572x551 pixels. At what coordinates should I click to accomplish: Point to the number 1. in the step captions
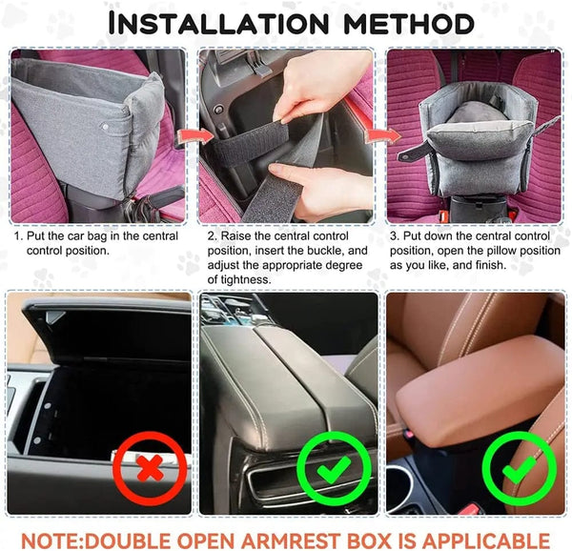(18, 235)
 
